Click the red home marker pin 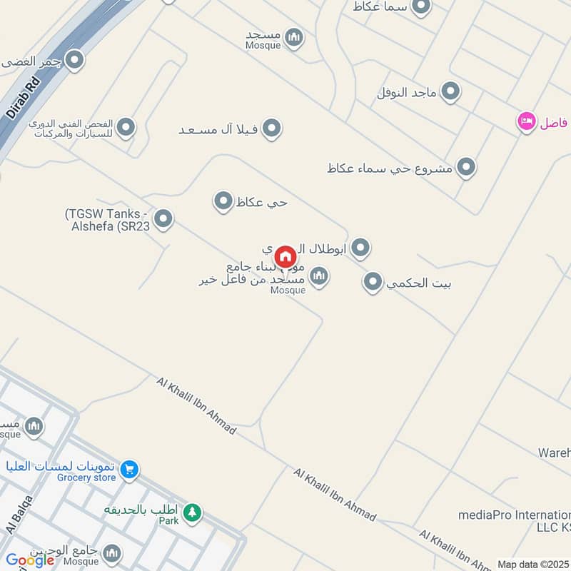coord(285,257)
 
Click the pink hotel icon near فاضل coord(527,121)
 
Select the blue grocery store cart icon coord(129,469)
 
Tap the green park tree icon coord(191,512)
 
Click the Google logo coord(30,560)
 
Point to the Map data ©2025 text coord(532,564)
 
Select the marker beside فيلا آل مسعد coord(271,129)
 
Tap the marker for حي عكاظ coord(223,201)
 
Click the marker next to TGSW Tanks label coord(163,219)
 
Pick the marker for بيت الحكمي coord(373,283)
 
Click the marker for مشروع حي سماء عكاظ coord(466,168)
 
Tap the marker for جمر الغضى coord(74,60)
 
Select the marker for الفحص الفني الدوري coord(126,128)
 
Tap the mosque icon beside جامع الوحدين coord(111,553)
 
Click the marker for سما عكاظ coord(421,6)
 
